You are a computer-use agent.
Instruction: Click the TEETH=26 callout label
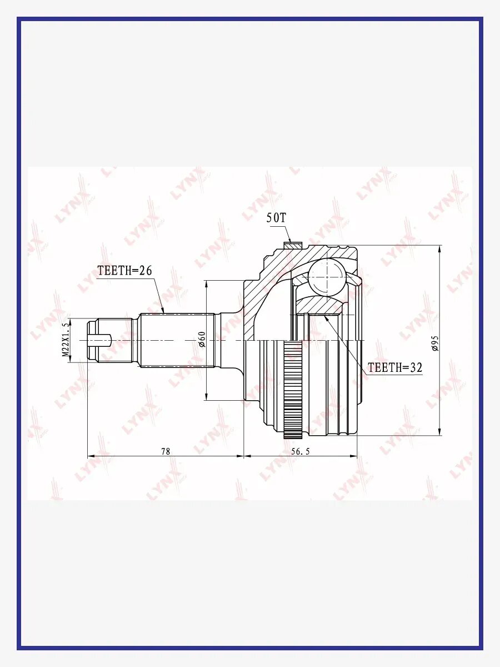124,271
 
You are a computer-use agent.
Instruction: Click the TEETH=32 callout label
395,368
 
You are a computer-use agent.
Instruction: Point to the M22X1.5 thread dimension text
64,340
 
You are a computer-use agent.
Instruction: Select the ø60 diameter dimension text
202,340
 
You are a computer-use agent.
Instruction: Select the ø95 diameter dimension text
435,344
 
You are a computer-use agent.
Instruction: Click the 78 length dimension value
166,451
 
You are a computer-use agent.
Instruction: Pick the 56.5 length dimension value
301,451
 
